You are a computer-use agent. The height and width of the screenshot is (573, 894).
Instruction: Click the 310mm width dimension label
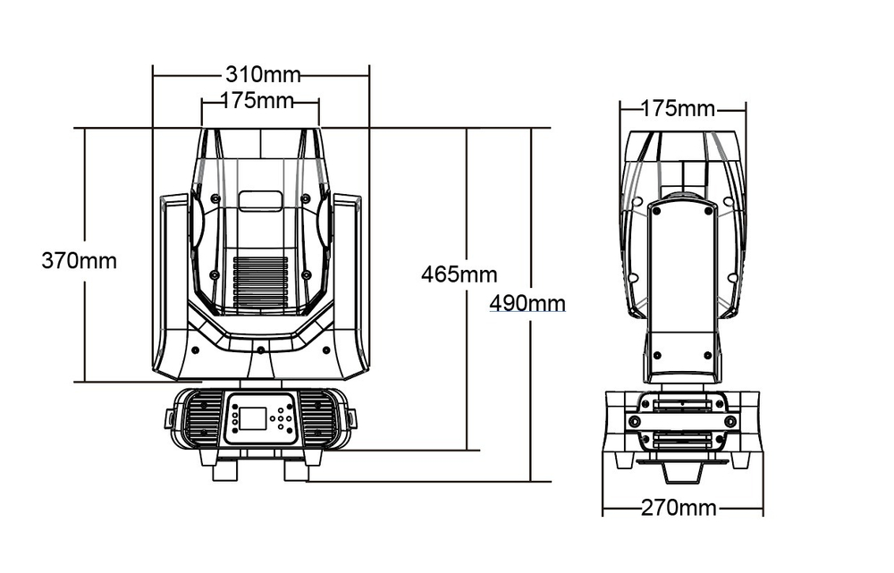(x=262, y=73)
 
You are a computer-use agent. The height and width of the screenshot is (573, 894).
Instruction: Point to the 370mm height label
(x=79, y=260)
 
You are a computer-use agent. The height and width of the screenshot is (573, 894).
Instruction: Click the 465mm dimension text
(x=459, y=274)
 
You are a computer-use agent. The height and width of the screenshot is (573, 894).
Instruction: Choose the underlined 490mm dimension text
(x=527, y=302)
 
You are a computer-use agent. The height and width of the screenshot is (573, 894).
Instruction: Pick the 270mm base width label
(x=679, y=508)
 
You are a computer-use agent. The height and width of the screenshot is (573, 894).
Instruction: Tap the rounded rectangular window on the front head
(x=259, y=200)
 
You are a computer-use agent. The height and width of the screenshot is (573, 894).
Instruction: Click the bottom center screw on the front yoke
(x=259, y=349)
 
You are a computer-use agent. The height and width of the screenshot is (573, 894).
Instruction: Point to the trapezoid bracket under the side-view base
(x=681, y=469)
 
